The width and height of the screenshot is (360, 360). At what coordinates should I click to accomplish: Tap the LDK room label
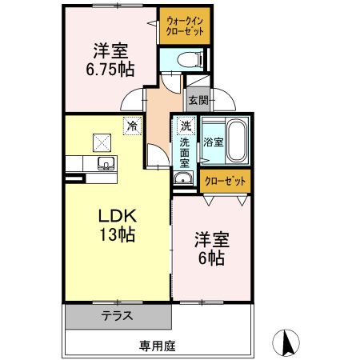click(x=118, y=216)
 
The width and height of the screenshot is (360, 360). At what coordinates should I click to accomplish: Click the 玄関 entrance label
click(x=198, y=100)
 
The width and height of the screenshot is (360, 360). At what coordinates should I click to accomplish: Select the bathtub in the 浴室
click(x=236, y=140)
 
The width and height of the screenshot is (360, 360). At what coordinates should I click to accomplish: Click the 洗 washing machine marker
click(x=185, y=126)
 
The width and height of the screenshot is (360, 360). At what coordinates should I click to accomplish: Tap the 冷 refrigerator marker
click(x=132, y=125)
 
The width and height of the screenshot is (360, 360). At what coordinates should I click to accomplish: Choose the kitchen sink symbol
click(x=104, y=163)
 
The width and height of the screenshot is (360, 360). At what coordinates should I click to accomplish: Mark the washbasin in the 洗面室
click(x=183, y=178)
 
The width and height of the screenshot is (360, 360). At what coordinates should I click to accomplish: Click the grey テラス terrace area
click(x=118, y=316)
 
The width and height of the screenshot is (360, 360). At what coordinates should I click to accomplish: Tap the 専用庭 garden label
click(x=156, y=346)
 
